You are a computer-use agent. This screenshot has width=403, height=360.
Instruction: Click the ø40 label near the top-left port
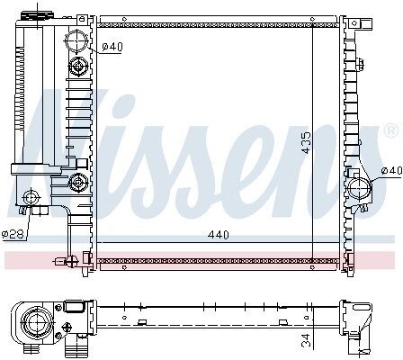pos(112,47)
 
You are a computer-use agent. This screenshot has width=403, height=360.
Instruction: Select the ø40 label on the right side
pos(391,171)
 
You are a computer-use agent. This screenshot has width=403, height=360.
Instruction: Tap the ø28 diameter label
pos(13,234)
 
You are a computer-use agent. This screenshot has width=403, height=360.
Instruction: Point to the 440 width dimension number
pos(219,235)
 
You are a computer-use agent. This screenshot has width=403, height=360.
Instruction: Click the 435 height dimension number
pos(307,143)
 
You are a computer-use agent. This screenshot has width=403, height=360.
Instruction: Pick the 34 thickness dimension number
pos(306,340)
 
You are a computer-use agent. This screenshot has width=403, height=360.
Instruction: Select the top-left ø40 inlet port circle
pos(76,41)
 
